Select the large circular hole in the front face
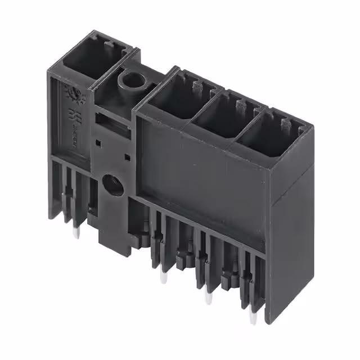pos(114,184)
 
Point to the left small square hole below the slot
pos(100,142)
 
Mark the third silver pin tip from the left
pos(209,298)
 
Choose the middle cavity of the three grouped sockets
pos(217,115)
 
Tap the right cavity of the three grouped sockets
pos(264,135)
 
